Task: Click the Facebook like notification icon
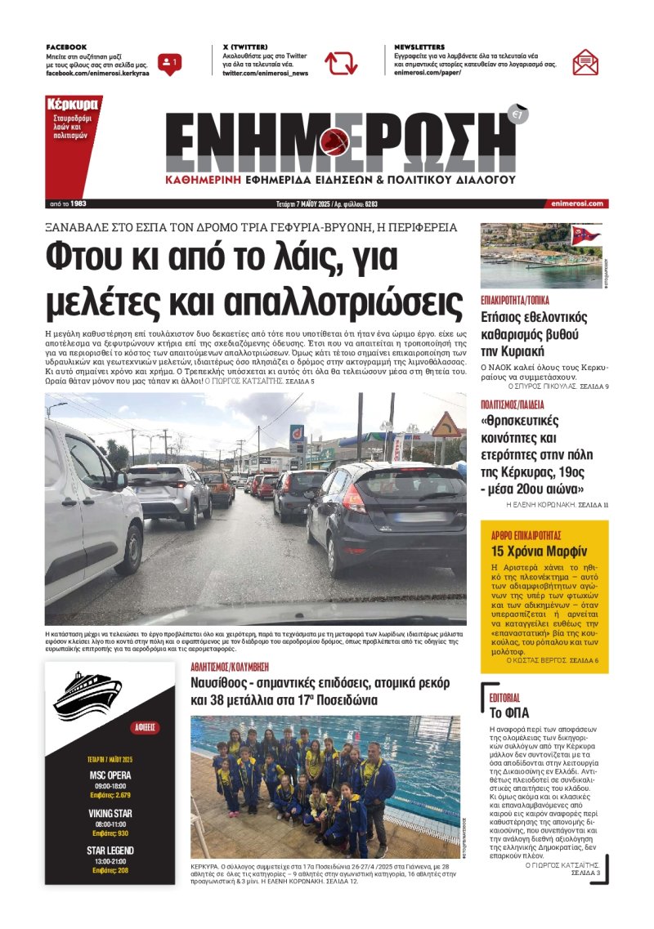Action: [170, 63]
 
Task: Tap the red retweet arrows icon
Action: [341, 63]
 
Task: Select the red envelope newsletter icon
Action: [585, 62]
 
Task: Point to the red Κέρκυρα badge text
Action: [73, 105]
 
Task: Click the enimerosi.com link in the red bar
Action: [577, 203]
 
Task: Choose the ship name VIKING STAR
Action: [110, 814]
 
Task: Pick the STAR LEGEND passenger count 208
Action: [123, 871]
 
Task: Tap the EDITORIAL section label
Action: [504, 699]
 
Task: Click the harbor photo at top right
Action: [540, 255]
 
